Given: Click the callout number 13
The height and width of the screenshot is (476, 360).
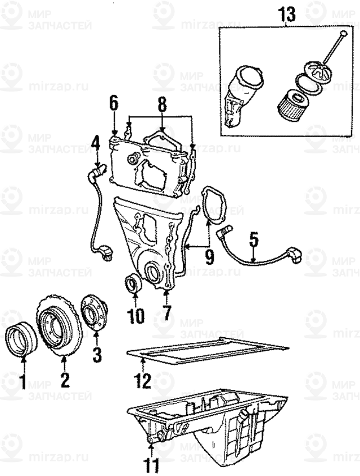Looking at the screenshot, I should [x=287, y=15].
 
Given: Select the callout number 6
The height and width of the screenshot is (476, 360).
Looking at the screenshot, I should [x=114, y=103].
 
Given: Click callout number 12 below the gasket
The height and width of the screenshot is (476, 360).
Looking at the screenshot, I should [x=142, y=380].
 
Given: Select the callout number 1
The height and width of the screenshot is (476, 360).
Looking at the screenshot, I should [x=22, y=382].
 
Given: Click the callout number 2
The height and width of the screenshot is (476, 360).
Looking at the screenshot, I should [x=65, y=380].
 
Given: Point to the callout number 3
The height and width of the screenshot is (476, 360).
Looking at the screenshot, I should [x=96, y=354].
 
